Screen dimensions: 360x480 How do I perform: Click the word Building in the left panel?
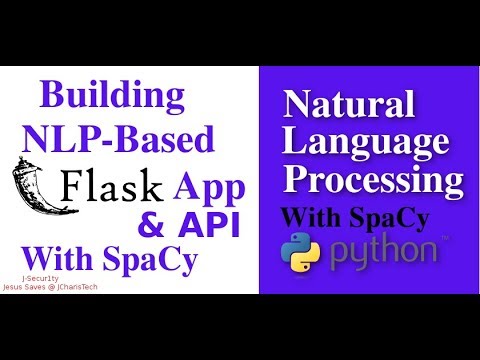[x=112, y=98]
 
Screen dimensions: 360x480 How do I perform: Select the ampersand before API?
[x=150, y=224]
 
